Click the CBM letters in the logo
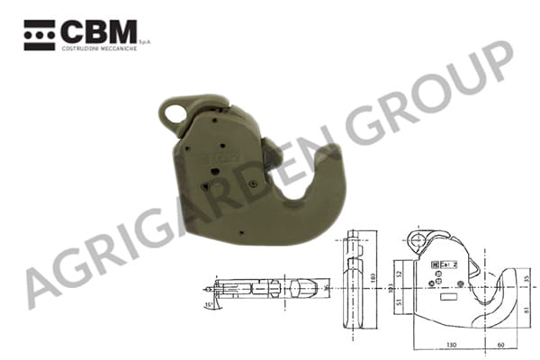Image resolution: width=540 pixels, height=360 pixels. click(99, 32)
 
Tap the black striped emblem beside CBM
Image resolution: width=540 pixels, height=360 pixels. click(40, 32)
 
